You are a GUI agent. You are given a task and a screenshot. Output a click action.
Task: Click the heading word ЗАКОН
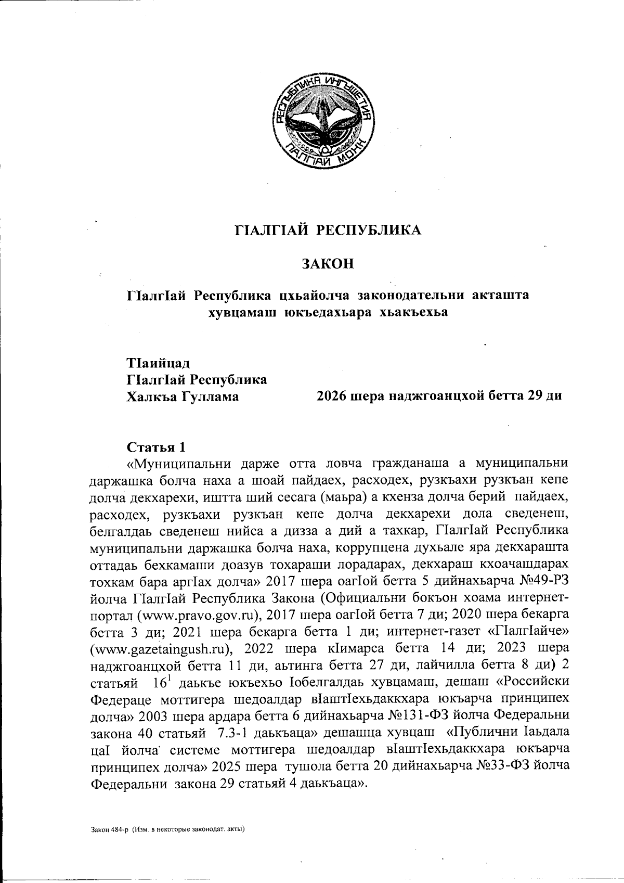[328, 264]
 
